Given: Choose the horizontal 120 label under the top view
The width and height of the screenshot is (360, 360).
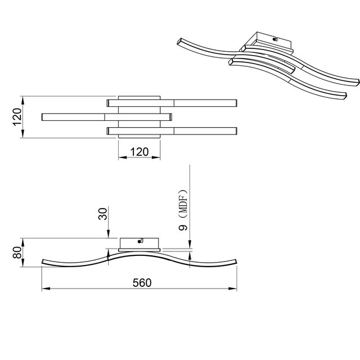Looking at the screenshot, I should point(139,151).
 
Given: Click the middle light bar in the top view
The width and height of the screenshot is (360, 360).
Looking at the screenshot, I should point(107,117).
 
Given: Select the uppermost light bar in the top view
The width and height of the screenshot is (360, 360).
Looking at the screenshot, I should point(172,103).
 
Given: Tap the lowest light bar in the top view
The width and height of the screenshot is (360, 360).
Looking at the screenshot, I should point(172,130).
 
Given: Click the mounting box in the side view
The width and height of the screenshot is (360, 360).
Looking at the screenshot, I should point(139,243).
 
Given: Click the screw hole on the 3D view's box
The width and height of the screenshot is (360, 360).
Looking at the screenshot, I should point(274,40).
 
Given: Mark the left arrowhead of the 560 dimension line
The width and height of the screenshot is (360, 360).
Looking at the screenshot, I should point(44,289).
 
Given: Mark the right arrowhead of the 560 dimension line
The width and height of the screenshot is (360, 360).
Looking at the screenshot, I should point(235,289).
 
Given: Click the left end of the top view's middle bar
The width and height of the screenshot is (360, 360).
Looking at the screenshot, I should point(44,117).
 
